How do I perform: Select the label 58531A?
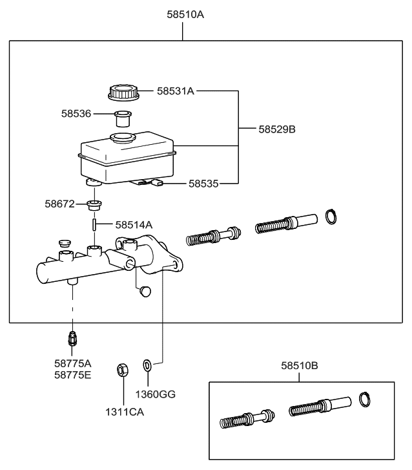pyautogui.click(x=175, y=91)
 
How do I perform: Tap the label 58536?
pyautogui.click(x=76, y=114)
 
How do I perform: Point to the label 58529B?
pyautogui.click(x=276, y=129)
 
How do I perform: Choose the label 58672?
pyautogui.click(x=60, y=204)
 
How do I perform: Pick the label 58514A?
pyautogui.click(x=134, y=225)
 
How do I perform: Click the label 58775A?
pyautogui.click(x=73, y=364)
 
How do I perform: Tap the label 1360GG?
pyautogui.click(x=155, y=394)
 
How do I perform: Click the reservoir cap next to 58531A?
pyautogui.click(x=122, y=92)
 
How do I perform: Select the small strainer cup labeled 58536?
pyautogui.click(x=122, y=119)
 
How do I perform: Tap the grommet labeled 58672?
pyautogui.click(x=94, y=207)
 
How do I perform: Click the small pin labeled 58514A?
pyautogui.click(x=95, y=226)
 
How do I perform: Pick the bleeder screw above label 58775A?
pyautogui.click(x=73, y=338)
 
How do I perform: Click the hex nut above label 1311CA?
pyautogui.click(x=123, y=370)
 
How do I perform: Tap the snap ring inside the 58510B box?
pyautogui.click(x=365, y=400)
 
